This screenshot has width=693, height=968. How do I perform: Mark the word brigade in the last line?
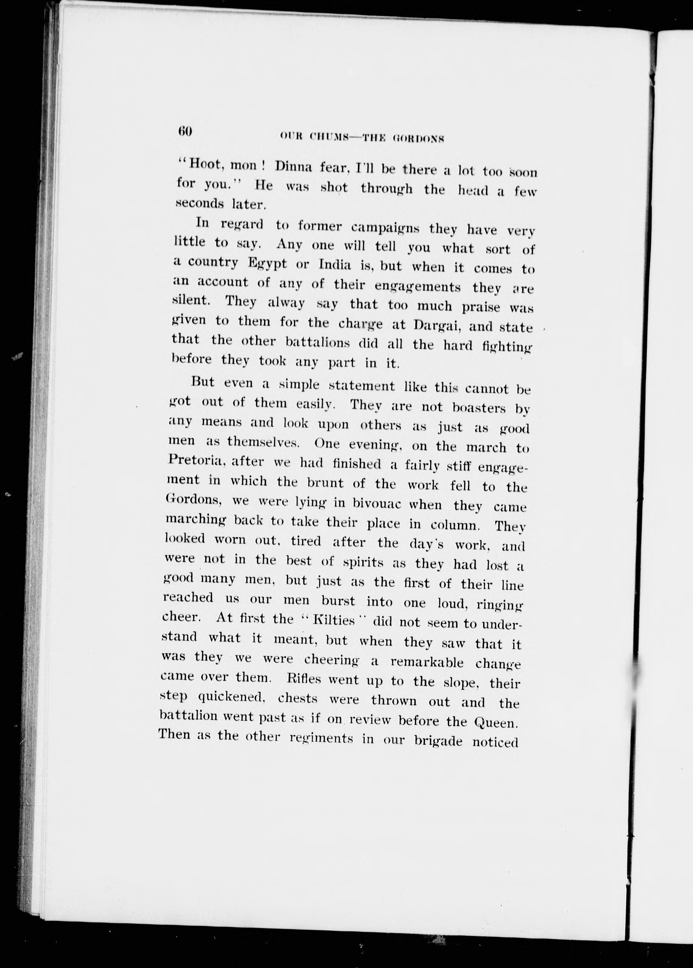coord(438,740)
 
